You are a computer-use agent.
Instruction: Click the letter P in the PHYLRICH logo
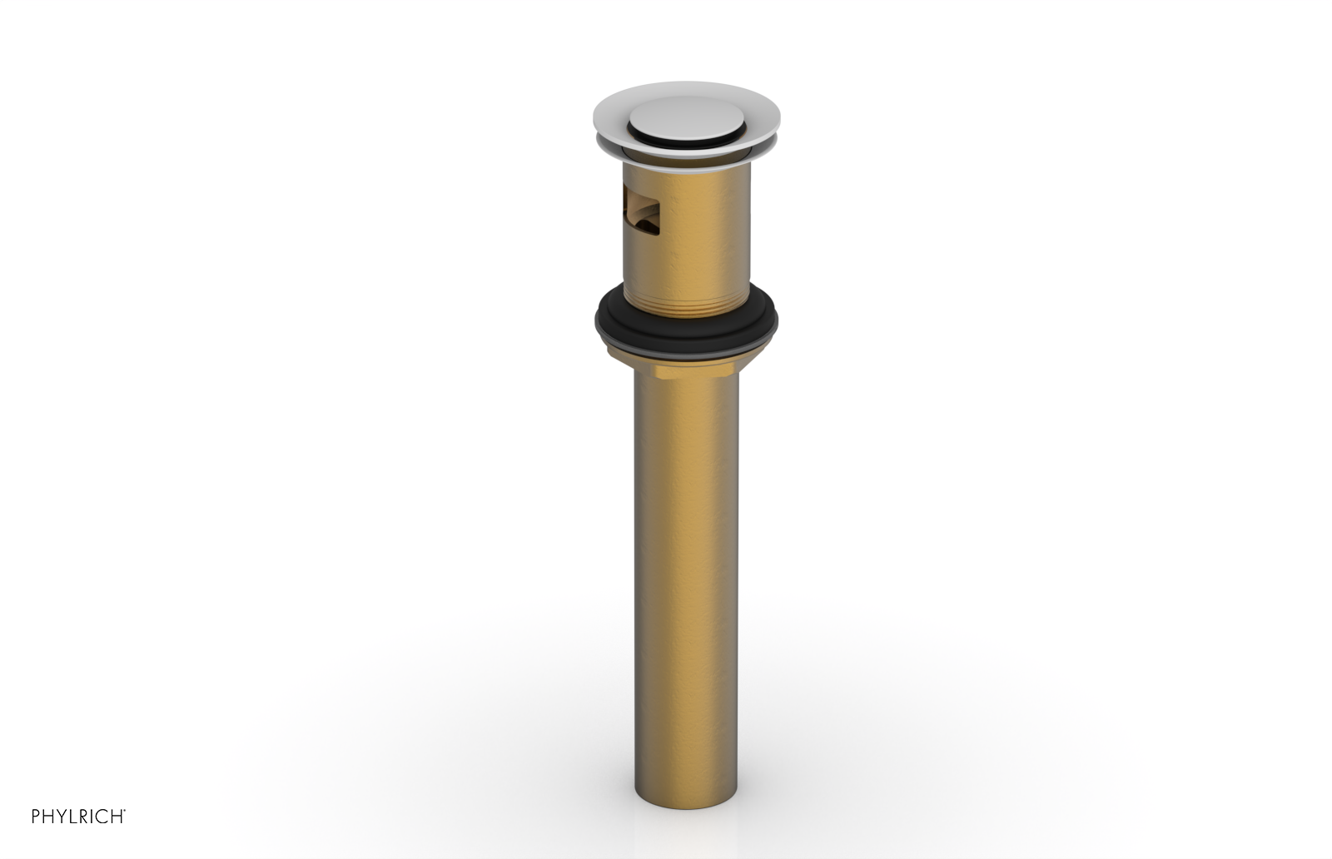coord(36,817)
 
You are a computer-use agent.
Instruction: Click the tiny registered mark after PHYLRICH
coord(125,812)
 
